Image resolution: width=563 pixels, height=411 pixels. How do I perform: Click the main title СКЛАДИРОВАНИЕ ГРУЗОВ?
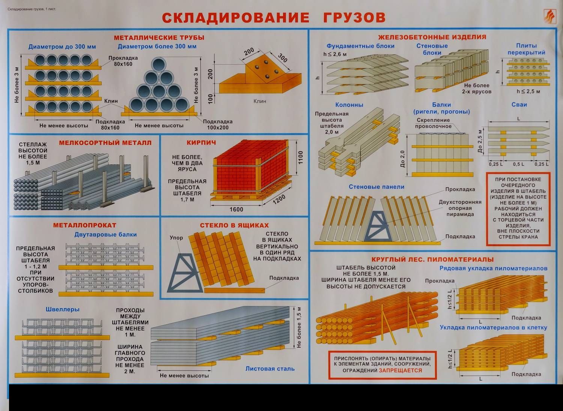click(x=274, y=18)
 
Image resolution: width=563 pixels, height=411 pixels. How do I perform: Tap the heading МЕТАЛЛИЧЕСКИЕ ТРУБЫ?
click(x=159, y=38)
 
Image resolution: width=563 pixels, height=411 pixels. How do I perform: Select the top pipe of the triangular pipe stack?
click(x=159, y=65)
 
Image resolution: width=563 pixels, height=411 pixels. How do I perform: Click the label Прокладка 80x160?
click(x=123, y=61)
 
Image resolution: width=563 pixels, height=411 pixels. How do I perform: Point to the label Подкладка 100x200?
click(x=218, y=125)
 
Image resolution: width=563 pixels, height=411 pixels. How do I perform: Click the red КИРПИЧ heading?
click(x=201, y=143)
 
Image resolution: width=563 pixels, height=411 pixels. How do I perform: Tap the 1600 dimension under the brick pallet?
click(x=236, y=209)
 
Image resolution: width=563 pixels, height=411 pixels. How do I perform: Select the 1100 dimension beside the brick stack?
click(x=300, y=157)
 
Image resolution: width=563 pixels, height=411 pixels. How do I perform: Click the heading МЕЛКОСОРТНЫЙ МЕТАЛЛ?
click(x=105, y=143)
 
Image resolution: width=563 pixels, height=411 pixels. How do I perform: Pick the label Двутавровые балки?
click(x=105, y=235)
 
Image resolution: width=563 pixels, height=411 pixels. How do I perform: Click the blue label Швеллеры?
click(x=63, y=309)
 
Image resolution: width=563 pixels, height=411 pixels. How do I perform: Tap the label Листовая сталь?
click(x=270, y=369)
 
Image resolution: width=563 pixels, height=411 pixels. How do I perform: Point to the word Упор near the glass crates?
click(x=176, y=238)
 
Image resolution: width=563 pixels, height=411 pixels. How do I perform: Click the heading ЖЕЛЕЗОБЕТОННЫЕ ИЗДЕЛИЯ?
click(x=432, y=37)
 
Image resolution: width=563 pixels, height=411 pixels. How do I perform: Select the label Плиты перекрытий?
click(x=527, y=49)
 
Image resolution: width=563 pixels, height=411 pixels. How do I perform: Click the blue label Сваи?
click(x=519, y=105)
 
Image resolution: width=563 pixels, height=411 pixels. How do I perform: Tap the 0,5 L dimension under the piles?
click(x=519, y=164)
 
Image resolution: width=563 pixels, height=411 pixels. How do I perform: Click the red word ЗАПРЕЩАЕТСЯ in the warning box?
click(x=400, y=370)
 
